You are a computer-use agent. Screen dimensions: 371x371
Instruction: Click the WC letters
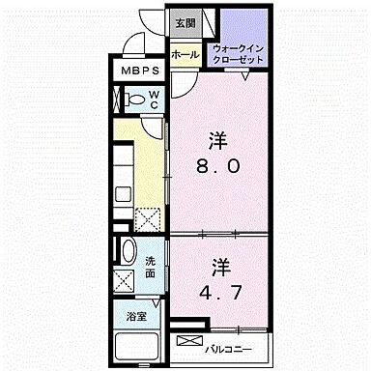point(153,98)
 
